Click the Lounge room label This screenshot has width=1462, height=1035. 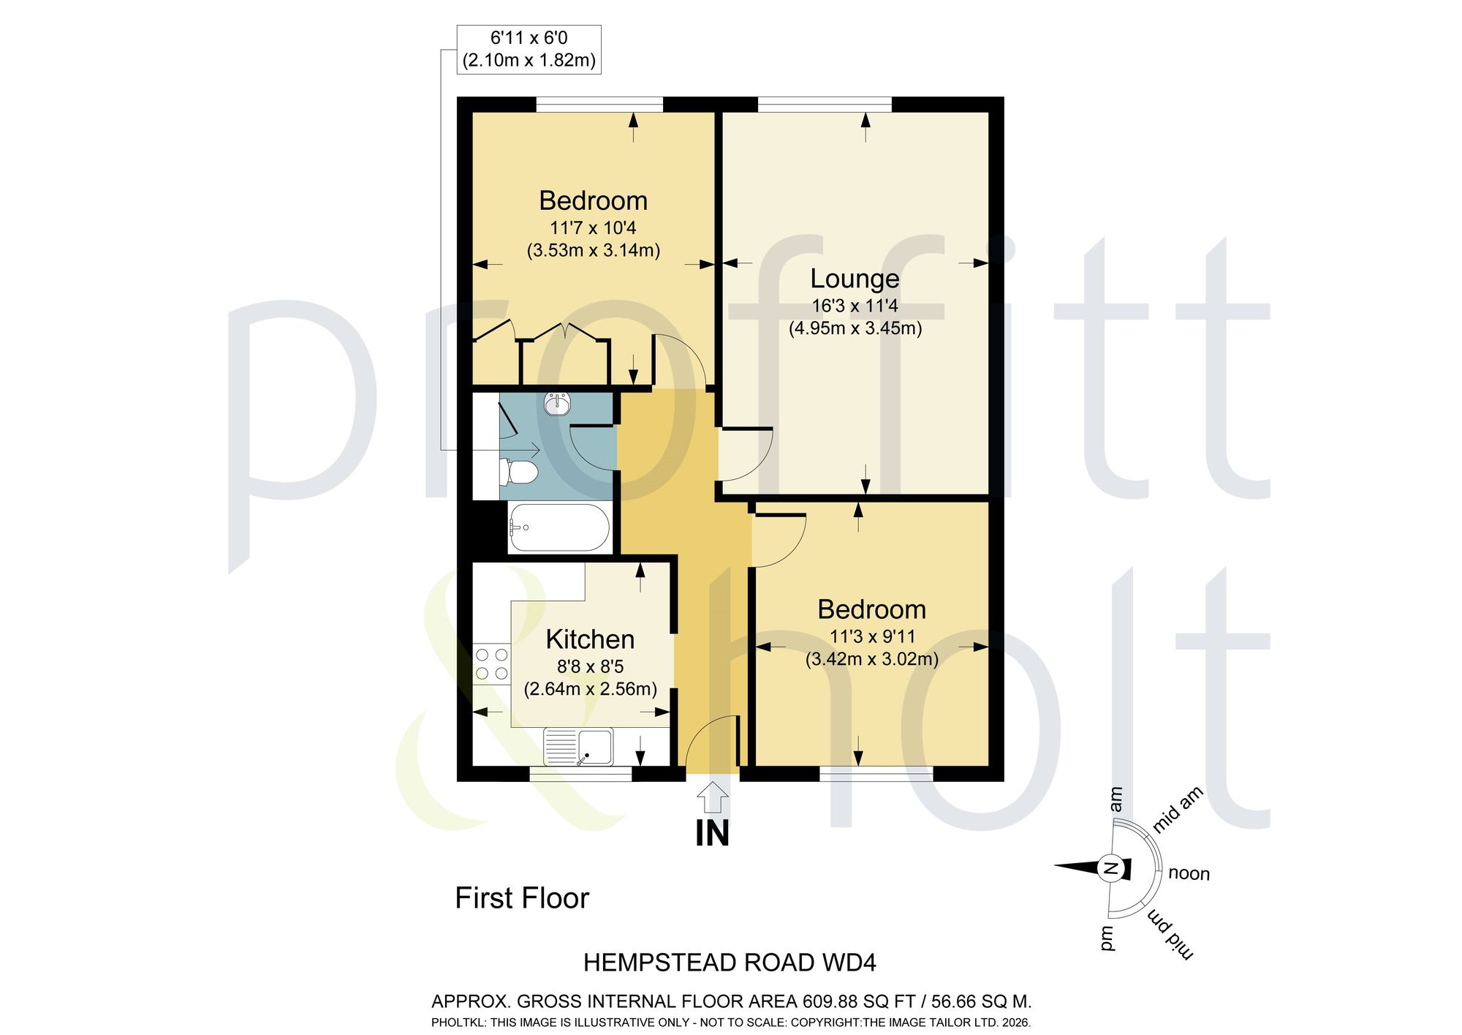point(855,279)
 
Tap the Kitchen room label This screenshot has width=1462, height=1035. point(590,639)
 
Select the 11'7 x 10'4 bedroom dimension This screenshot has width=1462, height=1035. point(593,227)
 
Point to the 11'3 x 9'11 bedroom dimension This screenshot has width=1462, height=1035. point(872,636)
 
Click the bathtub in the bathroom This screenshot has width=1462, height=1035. point(559,527)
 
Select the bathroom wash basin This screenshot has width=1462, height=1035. point(557,403)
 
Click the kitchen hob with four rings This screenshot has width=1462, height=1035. point(491,663)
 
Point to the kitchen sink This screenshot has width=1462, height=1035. point(578,747)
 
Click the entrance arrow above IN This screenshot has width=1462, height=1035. point(712,797)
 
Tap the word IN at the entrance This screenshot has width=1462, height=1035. point(712,833)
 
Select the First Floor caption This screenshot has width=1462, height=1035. point(522,898)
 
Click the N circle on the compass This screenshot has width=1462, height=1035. point(1110,868)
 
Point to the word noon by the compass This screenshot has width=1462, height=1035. point(1189,873)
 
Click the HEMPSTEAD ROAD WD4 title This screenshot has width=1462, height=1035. point(730,963)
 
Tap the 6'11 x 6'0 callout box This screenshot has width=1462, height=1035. point(529,49)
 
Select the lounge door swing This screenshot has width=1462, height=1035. point(746,454)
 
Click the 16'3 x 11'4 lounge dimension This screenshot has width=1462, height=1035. point(855,306)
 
